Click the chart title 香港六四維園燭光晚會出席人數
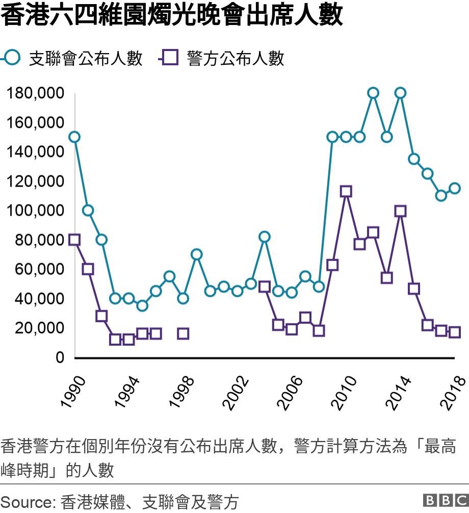[172, 16]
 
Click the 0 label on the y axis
[60, 357]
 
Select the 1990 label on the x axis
[72, 392]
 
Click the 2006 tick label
[289, 392]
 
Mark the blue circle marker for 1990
[74, 137]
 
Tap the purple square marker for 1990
[74, 240]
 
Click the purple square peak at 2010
[346, 192]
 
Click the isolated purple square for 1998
[183, 334]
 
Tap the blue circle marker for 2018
[455, 188]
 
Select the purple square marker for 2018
[455, 332]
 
